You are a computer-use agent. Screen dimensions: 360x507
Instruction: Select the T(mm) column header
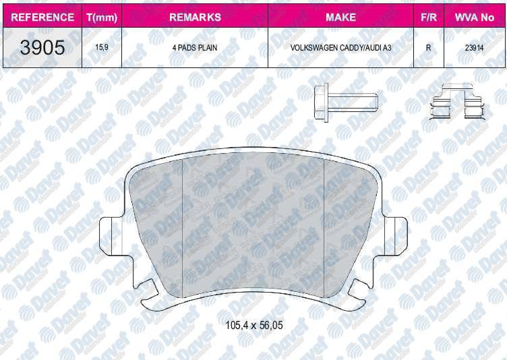pos(100,17)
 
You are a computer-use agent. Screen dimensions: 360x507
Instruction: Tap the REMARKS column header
pos(194,17)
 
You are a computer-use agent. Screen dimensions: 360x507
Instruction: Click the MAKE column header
pos(340,17)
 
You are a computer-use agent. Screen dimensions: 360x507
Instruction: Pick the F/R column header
pos(427,17)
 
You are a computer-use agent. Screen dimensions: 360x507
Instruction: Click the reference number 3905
pos(42,48)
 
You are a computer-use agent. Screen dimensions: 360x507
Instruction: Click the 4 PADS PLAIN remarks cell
pos(194,49)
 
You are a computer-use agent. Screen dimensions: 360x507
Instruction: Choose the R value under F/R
pos(427,49)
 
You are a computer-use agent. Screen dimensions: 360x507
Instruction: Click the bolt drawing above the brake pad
pos(344,102)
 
